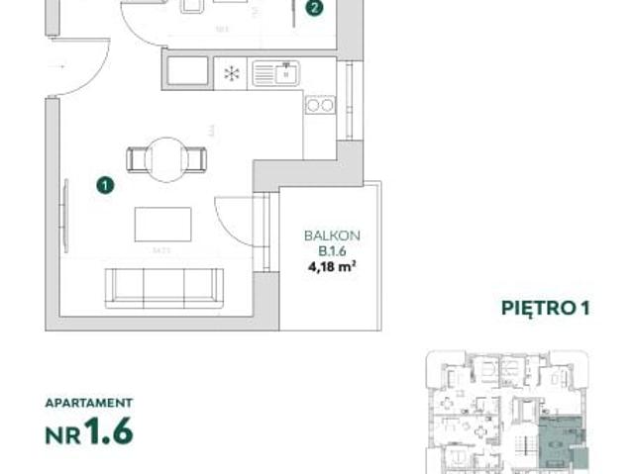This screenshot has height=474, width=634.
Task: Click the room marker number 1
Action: pyautogui.click(x=105, y=183)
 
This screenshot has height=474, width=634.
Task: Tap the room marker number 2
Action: pyautogui.click(x=313, y=10)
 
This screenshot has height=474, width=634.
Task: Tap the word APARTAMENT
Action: pyautogui.click(x=89, y=403)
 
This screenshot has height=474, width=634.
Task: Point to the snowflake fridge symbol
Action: pyautogui.click(x=230, y=73)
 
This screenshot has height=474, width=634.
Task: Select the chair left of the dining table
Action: pyautogui.click(x=138, y=158)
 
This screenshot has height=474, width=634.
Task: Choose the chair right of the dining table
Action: pyautogui.click(x=198, y=158)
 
